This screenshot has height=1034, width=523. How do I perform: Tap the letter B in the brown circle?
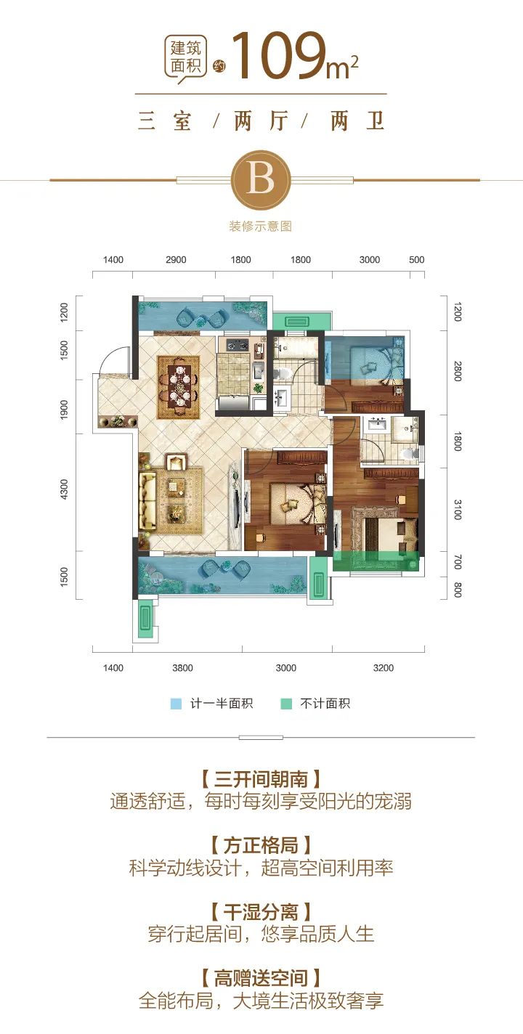pyautogui.click(x=261, y=179)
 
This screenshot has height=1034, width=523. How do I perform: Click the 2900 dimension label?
pyautogui.click(x=176, y=260)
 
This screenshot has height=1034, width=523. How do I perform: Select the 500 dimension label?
pyautogui.click(x=416, y=260)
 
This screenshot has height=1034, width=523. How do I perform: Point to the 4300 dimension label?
pyautogui.click(x=64, y=489)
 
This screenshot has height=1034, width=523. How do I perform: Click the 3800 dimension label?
pyautogui.click(x=182, y=668)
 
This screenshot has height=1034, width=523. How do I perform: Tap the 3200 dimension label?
pyautogui.click(x=383, y=668)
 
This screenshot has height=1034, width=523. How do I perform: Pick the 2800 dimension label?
pyautogui.click(x=458, y=372)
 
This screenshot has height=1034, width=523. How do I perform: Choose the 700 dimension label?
pyautogui.click(x=458, y=563)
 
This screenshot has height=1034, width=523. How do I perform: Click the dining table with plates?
pyautogui.click(x=179, y=387)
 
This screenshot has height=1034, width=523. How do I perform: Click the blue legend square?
pyautogui.click(x=176, y=704)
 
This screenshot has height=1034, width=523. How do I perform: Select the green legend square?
pyautogui.click(x=286, y=704)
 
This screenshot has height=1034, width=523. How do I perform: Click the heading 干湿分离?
pyautogui.click(x=261, y=913)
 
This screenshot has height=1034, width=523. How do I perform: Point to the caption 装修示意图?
pyautogui.click(x=261, y=227)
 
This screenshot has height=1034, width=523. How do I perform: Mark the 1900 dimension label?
pyautogui.click(x=64, y=410)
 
